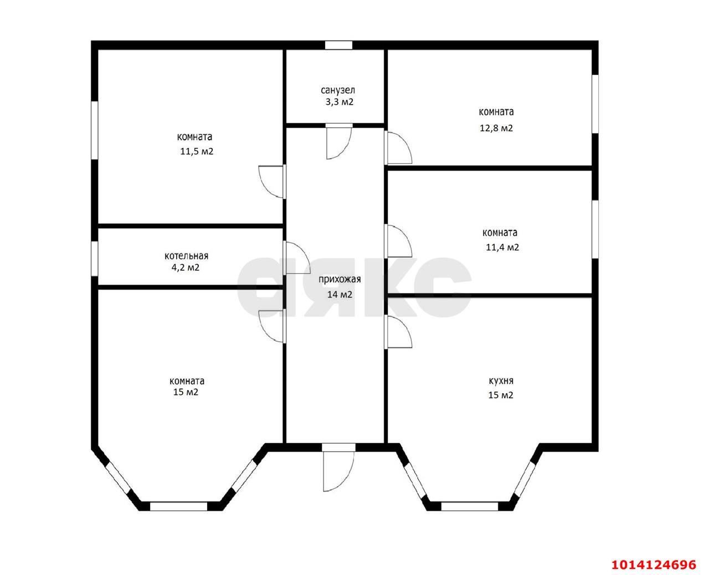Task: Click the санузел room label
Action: pos(338,90)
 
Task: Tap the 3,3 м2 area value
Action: pos(339,102)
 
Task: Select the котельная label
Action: pos(187,256)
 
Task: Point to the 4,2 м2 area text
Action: pos(186,268)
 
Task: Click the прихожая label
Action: pos(340,279)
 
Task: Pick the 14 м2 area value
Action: pos(340,294)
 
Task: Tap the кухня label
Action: pos(501,380)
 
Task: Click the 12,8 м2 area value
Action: pos(496,128)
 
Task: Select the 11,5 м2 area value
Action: pos(197,151)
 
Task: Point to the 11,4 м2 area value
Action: pos(502,248)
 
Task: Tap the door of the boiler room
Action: pos(296,258)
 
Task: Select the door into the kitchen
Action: pos(398,332)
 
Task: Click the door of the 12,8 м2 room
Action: pos(398,148)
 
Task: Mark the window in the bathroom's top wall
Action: pos(338,45)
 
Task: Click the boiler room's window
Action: pos(95,259)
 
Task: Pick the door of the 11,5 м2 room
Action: pos(273,182)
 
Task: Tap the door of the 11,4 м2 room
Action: pos(398,241)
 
